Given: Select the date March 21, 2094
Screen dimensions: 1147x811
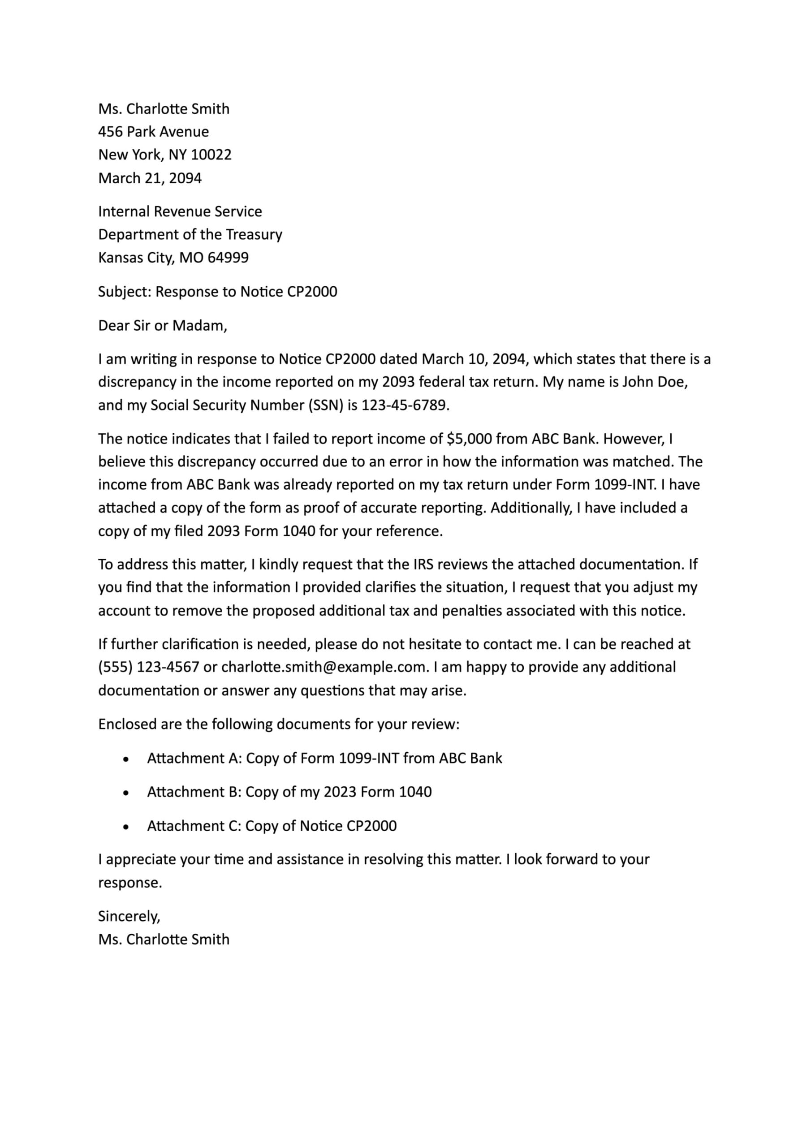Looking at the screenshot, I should tap(150, 178).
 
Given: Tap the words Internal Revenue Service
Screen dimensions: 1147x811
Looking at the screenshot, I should tap(180, 211).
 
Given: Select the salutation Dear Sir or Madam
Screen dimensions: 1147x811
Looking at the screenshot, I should tap(162, 326).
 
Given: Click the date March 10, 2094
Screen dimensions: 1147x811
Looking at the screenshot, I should tap(474, 359).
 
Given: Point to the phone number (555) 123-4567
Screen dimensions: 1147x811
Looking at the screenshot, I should tap(148, 667).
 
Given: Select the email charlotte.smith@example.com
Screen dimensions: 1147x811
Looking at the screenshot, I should tap(325, 667).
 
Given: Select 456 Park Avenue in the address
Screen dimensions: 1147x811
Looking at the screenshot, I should tap(153, 131).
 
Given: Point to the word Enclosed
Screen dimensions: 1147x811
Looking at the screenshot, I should tap(127, 724).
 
